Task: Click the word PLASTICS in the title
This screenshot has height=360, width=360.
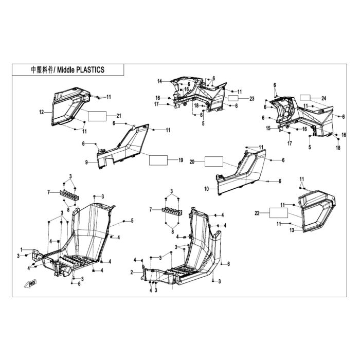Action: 90,70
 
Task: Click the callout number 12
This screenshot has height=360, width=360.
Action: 41,112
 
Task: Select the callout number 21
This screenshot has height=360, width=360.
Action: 119,116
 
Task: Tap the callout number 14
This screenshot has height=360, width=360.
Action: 159,81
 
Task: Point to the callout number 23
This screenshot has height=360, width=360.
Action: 252,99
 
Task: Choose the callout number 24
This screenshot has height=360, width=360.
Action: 323,99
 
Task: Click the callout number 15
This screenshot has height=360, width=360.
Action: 268,129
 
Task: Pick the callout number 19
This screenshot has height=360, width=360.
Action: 181,160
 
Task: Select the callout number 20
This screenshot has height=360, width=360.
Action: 192,162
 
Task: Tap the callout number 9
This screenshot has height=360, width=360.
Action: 86,163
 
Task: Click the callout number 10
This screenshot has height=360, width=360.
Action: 206,189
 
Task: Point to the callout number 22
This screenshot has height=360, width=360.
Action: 257,213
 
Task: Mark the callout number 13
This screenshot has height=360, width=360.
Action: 292,230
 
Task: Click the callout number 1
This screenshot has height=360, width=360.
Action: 22,249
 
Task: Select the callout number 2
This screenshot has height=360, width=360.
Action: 132,273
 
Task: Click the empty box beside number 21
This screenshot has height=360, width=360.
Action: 97,116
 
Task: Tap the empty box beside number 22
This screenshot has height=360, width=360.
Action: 279,213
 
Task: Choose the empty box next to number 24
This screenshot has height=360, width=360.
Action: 305,98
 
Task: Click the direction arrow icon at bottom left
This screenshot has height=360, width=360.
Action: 30,283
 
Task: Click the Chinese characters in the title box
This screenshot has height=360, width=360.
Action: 42,70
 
